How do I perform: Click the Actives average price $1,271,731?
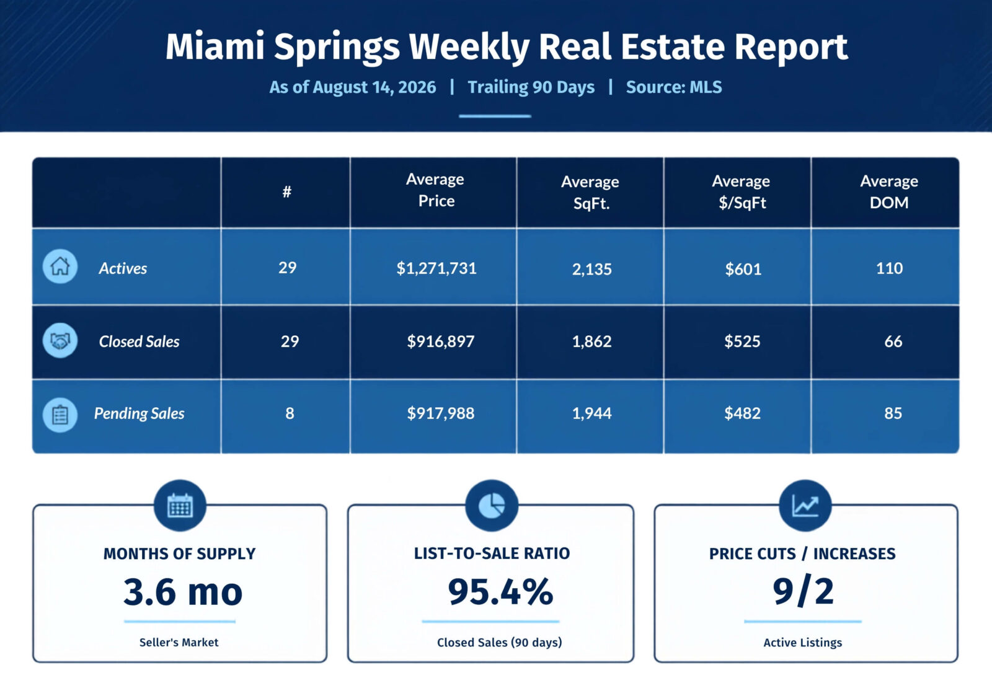436,268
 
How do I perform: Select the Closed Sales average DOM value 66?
893,341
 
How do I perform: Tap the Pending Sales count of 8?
290,413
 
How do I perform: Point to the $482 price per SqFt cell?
742,413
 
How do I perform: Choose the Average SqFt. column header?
590,192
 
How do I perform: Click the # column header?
287,192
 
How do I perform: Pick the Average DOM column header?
889,192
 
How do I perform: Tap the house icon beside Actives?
60,267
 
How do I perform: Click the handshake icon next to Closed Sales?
60,340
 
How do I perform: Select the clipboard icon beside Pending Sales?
60,415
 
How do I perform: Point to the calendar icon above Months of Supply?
180,505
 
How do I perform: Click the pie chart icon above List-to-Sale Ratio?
492,505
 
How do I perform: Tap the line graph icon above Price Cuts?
805,505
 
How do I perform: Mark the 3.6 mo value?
183,592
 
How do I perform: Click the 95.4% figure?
500,592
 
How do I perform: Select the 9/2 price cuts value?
804,591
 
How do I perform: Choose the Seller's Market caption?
179,643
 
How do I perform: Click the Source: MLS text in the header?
674,87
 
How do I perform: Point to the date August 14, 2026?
374,87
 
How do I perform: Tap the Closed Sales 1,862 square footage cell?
591,341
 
